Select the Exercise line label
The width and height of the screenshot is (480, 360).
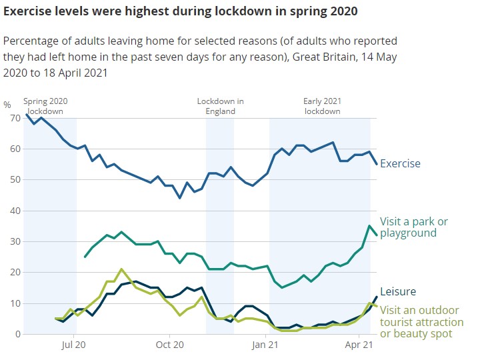coord(400,163)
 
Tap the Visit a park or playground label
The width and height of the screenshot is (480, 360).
coord(413,227)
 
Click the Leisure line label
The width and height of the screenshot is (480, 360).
coord(398,291)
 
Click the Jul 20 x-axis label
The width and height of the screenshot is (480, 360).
coord(73,345)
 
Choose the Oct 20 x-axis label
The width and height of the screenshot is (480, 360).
coord(169,345)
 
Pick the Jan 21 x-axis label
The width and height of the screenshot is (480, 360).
coord(265,345)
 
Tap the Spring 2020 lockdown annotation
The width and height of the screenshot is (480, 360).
coord(45,106)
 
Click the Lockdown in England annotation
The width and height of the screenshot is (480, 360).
coord(220,106)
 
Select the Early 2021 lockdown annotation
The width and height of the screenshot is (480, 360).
coord(323,106)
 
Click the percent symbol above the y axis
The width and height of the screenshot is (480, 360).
coord(7,105)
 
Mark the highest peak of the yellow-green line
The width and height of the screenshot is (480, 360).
coord(121,269)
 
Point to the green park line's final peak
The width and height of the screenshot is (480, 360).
coord(369,226)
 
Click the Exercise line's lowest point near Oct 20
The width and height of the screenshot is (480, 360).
coord(179,198)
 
